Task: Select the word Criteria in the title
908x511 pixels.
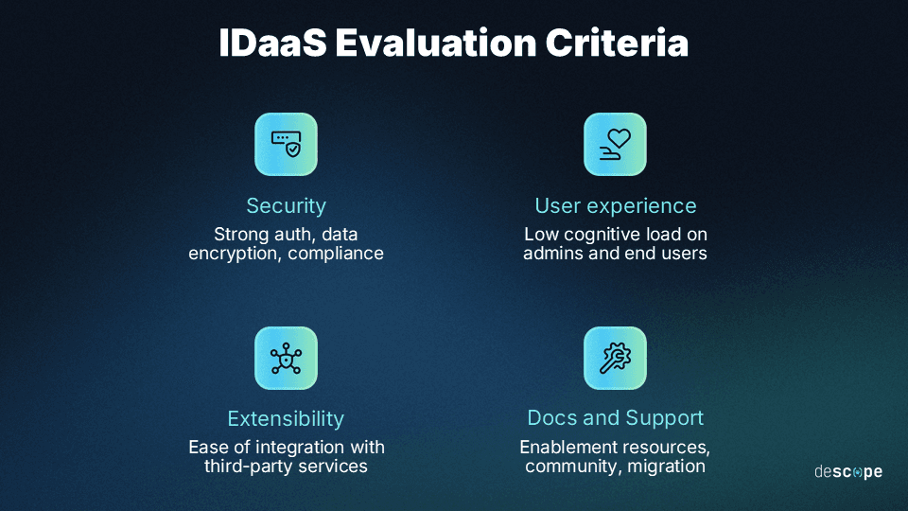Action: point(623,44)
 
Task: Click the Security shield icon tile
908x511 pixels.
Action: point(287,144)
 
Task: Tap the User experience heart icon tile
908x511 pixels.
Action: point(615,144)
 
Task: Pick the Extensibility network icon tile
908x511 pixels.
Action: point(287,358)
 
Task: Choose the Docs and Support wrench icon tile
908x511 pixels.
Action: point(615,358)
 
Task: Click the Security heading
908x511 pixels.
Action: point(286,205)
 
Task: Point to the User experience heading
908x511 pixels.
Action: point(615,205)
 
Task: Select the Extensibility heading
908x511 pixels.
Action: point(286,418)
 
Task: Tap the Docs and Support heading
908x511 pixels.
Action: point(615,418)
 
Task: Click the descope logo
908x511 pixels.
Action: point(847,471)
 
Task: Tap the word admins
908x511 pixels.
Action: point(555,254)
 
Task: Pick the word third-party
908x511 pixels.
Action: point(246,467)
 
